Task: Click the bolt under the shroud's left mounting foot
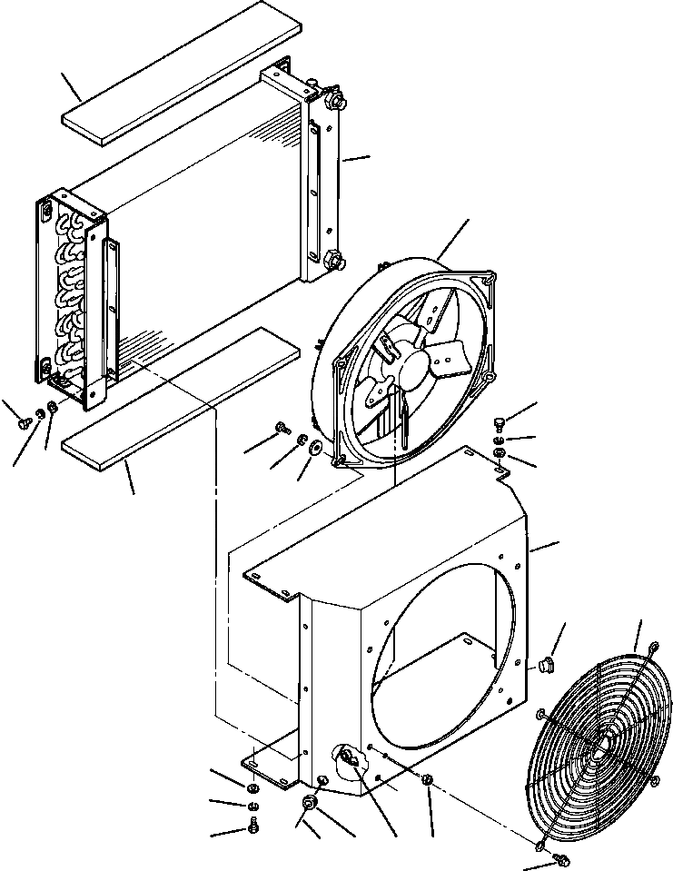[252, 826]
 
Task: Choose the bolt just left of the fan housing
[282, 426]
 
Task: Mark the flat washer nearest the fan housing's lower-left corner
[313, 448]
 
